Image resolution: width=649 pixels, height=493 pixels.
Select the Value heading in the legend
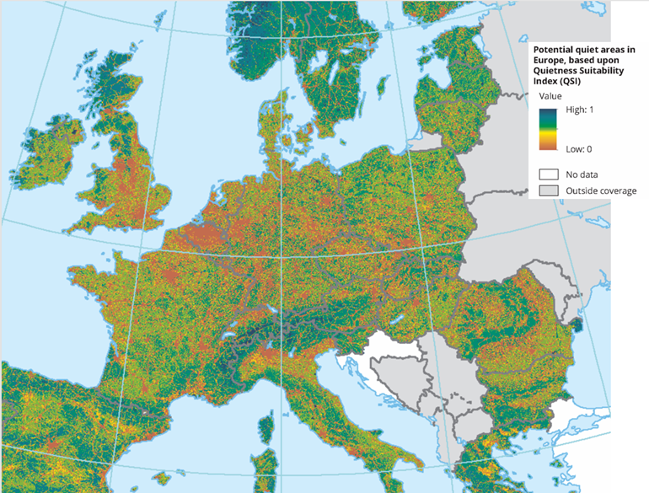coord(550,96)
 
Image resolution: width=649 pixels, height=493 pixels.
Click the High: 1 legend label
coord(579,110)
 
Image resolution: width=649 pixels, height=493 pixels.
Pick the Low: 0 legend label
coord(578,149)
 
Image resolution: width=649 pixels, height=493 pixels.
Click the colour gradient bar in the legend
coord(549,130)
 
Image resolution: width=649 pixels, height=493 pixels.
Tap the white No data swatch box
coord(549,174)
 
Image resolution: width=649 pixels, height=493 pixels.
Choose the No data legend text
coord(582,174)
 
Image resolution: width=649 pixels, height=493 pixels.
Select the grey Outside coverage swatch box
coord(549,191)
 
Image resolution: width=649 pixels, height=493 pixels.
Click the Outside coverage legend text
coord(601,191)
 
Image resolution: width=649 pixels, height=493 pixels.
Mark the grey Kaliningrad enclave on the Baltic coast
coord(418,142)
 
